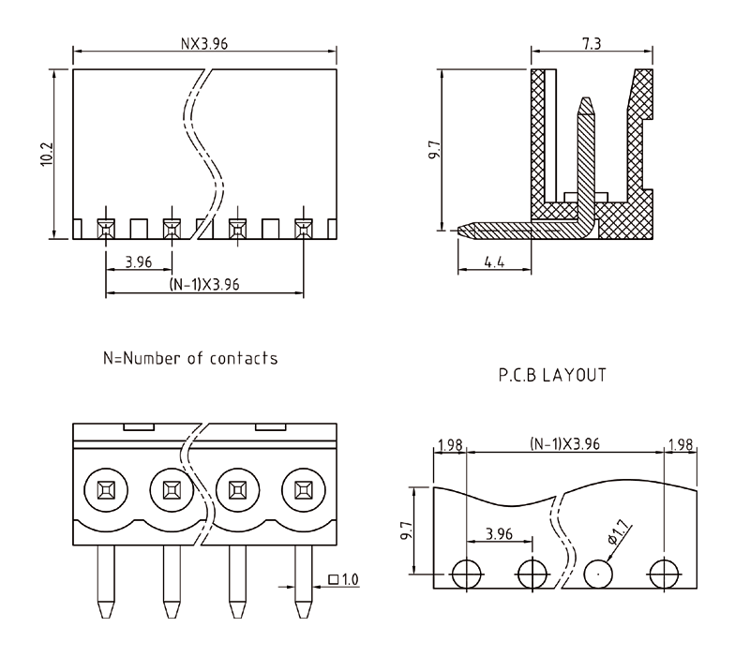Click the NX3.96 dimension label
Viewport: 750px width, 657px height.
(203, 42)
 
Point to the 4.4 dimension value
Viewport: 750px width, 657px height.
(494, 262)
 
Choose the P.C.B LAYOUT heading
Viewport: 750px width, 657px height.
(551, 375)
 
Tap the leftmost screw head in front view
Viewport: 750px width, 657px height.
(102, 488)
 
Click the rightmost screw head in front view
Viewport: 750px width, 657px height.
(303, 488)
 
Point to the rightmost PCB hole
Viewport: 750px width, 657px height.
(664, 571)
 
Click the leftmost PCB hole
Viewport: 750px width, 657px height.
(466, 571)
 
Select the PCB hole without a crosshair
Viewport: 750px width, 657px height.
(596, 571)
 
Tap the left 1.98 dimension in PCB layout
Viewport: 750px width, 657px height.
(450, 442)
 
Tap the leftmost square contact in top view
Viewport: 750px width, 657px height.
(106, 227)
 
